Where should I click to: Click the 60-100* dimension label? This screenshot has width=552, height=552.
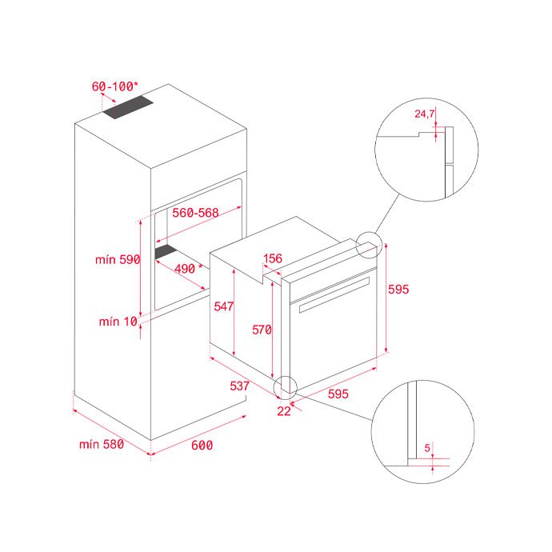[x=114, y=86]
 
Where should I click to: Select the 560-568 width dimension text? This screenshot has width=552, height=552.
[x=195, y=213]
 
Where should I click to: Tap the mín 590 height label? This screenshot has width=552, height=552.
[x=118, y=260]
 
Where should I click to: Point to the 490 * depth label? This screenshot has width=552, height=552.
[x=188, y=269]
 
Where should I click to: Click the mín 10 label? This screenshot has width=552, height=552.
[x=118, y=322]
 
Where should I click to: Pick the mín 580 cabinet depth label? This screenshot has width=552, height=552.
[x=102, y=444]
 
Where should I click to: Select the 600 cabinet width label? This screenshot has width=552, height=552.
[x=202, y=446]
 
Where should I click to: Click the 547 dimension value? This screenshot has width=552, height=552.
[x=223, y=306]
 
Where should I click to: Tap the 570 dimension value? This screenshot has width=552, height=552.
[x=262, y=330]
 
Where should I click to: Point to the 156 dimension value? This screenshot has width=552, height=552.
[x=273, y=258]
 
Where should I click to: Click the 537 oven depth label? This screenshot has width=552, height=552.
[x=239, y=386]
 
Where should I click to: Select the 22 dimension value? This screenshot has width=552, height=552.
[x=284, y=411]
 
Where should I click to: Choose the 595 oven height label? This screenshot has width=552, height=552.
[x=398, y=290]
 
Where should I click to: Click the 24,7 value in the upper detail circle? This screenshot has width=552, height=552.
[x=425, y=114]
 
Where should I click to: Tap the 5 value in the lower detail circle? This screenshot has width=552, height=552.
[x=427, y=448]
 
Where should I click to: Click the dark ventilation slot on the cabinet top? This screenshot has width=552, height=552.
[x=129, y=107]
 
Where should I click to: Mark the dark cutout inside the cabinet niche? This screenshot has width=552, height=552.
[x=166, y=252]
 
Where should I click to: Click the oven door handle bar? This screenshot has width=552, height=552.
[x=334, y=294]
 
